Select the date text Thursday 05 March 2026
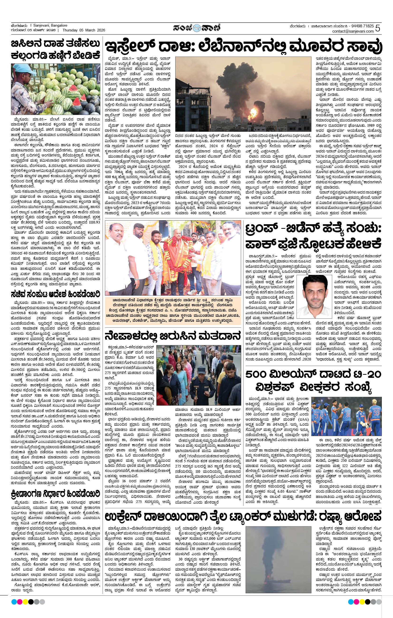(84, 30)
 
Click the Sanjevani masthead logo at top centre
(196, 28)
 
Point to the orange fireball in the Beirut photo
(254, 112)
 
